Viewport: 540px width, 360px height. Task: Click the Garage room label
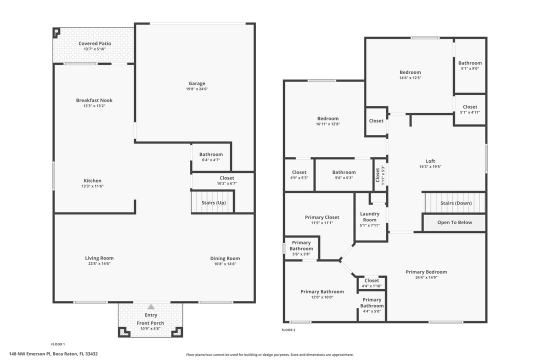tap(196, 83)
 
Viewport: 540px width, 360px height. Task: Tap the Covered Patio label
tap(94, 43)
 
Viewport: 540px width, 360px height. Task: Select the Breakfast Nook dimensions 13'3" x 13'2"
tap(94, 106)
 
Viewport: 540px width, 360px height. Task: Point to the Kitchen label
tap(92, 180)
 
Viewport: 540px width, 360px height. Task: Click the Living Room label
tap(99, 258)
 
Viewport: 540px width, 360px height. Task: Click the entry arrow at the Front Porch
tap(150, 306)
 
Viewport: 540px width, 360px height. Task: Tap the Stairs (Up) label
tap(213, 202)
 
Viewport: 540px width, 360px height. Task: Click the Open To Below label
tap(454, 222)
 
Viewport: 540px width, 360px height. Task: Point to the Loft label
tap(430, 161)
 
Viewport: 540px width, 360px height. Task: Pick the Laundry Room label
tap(369, 216)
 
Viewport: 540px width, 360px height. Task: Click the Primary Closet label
tap(322, 217)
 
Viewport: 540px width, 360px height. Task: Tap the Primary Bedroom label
tap(426, 272)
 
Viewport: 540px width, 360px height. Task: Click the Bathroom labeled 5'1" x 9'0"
tap(470, 63)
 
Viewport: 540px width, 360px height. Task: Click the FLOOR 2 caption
tap(288, 330)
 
